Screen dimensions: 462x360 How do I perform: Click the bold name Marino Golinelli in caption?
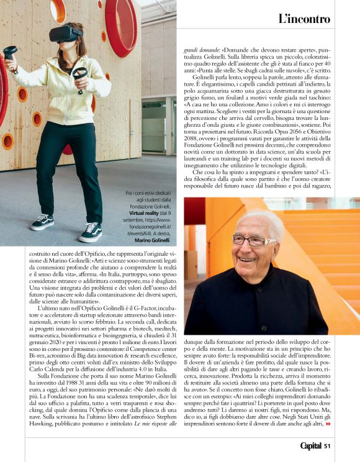point(151,240)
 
